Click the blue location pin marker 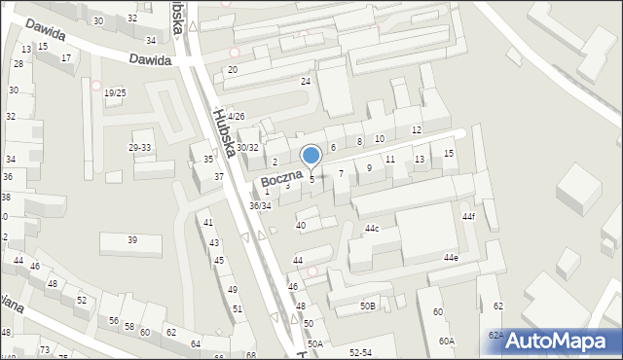pos(311,156)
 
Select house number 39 pos(132,240)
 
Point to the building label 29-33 pos(140,148)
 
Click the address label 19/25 pos(115,93)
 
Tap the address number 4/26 pos(237,117)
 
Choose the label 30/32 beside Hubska pos(247,148)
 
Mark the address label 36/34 pos(260,206)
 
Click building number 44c pos(372,229)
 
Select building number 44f pos(468,216)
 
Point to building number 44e pos(451,258)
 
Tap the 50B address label pos(367,306)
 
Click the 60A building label pos(446,342)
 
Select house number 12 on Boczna pos(416,130)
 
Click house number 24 pos(306,82)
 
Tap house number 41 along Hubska pos(208,223)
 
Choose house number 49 pos(233,290)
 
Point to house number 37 pos(219,177)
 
